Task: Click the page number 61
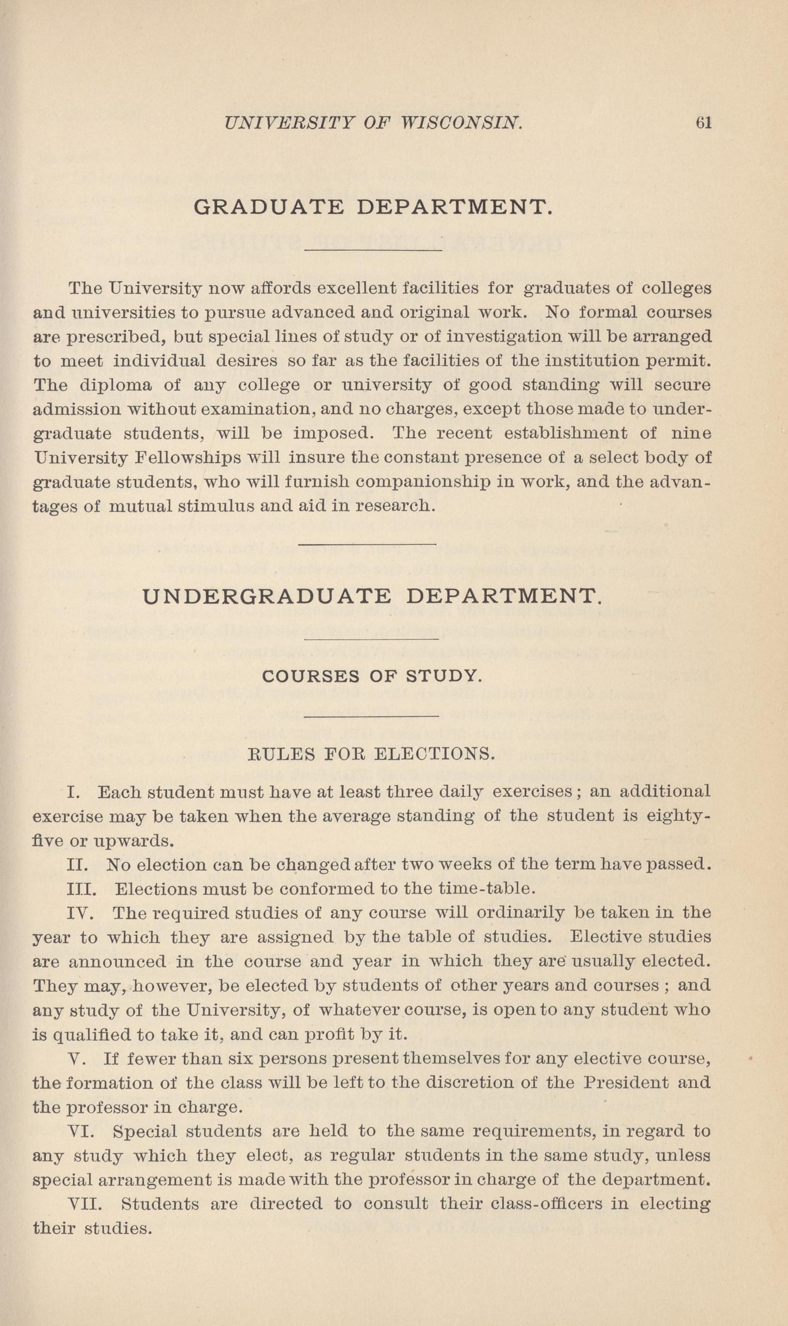[x=703, y=123]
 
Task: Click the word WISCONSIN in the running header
[x=461, y=123]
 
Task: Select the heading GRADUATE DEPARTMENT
[x=373, y=207]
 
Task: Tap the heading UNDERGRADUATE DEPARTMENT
[x=372, y=597]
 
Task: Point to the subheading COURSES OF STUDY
[x=372, y=677]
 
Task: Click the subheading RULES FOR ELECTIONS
[x=371, y=754]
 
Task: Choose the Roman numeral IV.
[x=80, y=913]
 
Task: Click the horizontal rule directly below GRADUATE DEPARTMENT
[x=373, y=250]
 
